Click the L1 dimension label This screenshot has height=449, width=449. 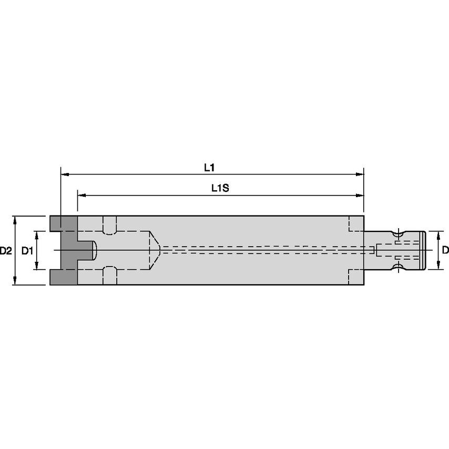click(209, 167)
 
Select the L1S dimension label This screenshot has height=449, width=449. click(219, 188)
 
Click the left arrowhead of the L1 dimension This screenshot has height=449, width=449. click(64, 174)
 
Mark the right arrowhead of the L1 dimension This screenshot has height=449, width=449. click(361, 174)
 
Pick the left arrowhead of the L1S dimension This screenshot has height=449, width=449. click(80, 195)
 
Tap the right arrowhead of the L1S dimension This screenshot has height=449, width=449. click(361, 195)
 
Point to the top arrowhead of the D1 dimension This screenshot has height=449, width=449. click(37, 233)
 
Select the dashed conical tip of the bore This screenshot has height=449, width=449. click(155, 250)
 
